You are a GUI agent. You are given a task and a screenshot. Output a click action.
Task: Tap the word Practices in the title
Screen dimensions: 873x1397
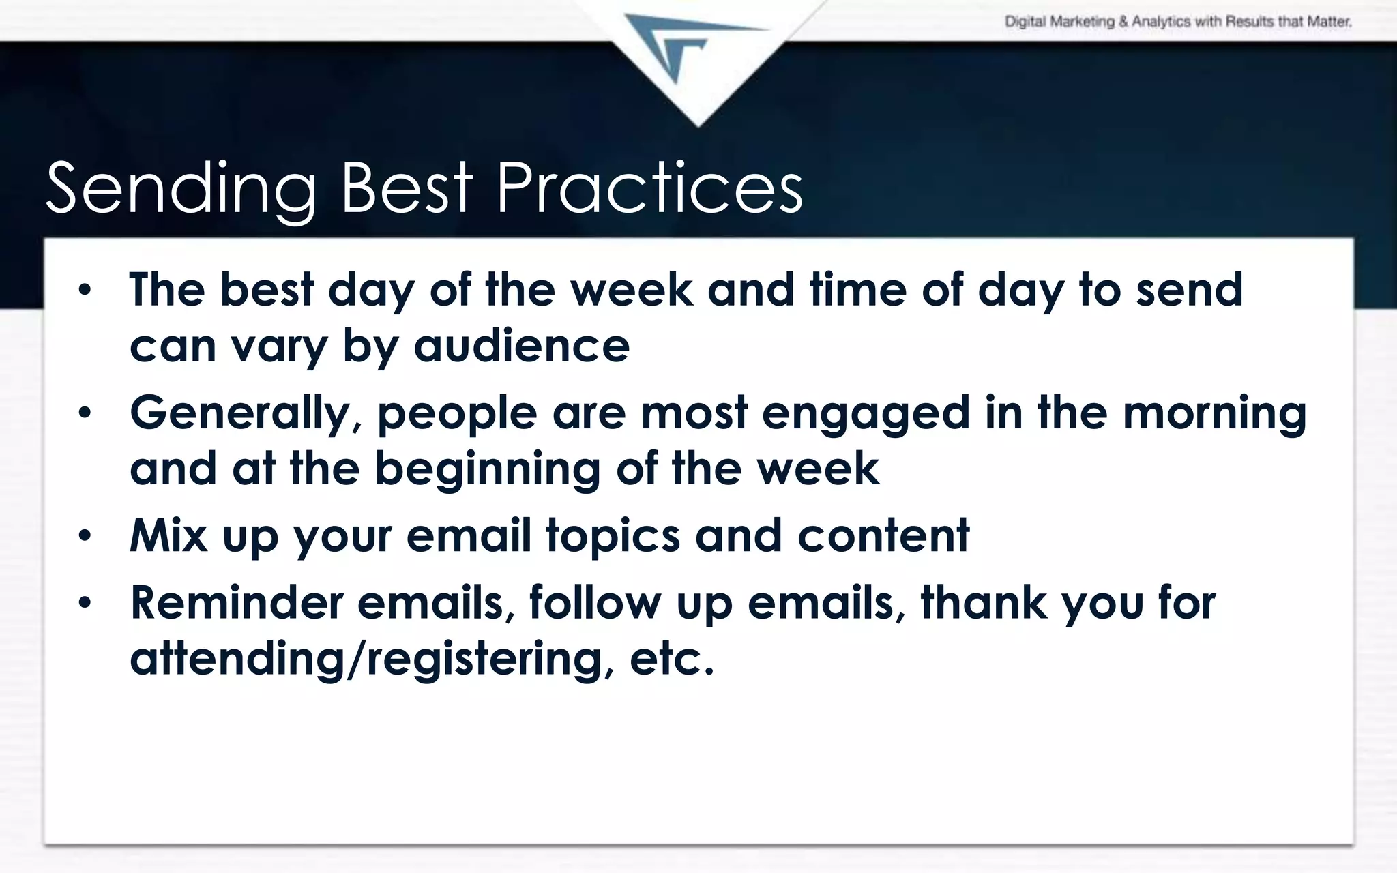[649, 188]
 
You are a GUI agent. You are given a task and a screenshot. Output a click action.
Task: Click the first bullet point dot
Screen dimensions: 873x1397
[84, 291]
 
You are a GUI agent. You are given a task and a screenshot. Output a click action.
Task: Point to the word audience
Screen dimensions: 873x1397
[521, 346]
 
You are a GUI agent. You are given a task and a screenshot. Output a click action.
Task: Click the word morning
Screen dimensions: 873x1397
[1214, 414]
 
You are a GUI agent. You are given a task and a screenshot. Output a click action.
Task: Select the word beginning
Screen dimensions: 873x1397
[486, 470]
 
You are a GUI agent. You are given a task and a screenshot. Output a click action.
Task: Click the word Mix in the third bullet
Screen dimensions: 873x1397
[168, 535]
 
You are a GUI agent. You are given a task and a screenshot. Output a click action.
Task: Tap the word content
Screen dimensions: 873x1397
[883, 535]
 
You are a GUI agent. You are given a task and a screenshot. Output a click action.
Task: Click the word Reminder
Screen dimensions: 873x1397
[236, 603]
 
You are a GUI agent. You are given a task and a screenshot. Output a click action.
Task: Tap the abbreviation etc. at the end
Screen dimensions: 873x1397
[671, 659]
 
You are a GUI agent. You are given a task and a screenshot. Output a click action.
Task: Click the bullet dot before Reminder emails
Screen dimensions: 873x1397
[84, 603]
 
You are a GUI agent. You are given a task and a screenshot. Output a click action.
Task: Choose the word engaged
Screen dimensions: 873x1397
[865, 414]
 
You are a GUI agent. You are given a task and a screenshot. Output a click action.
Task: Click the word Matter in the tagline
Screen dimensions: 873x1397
[1329, 22]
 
